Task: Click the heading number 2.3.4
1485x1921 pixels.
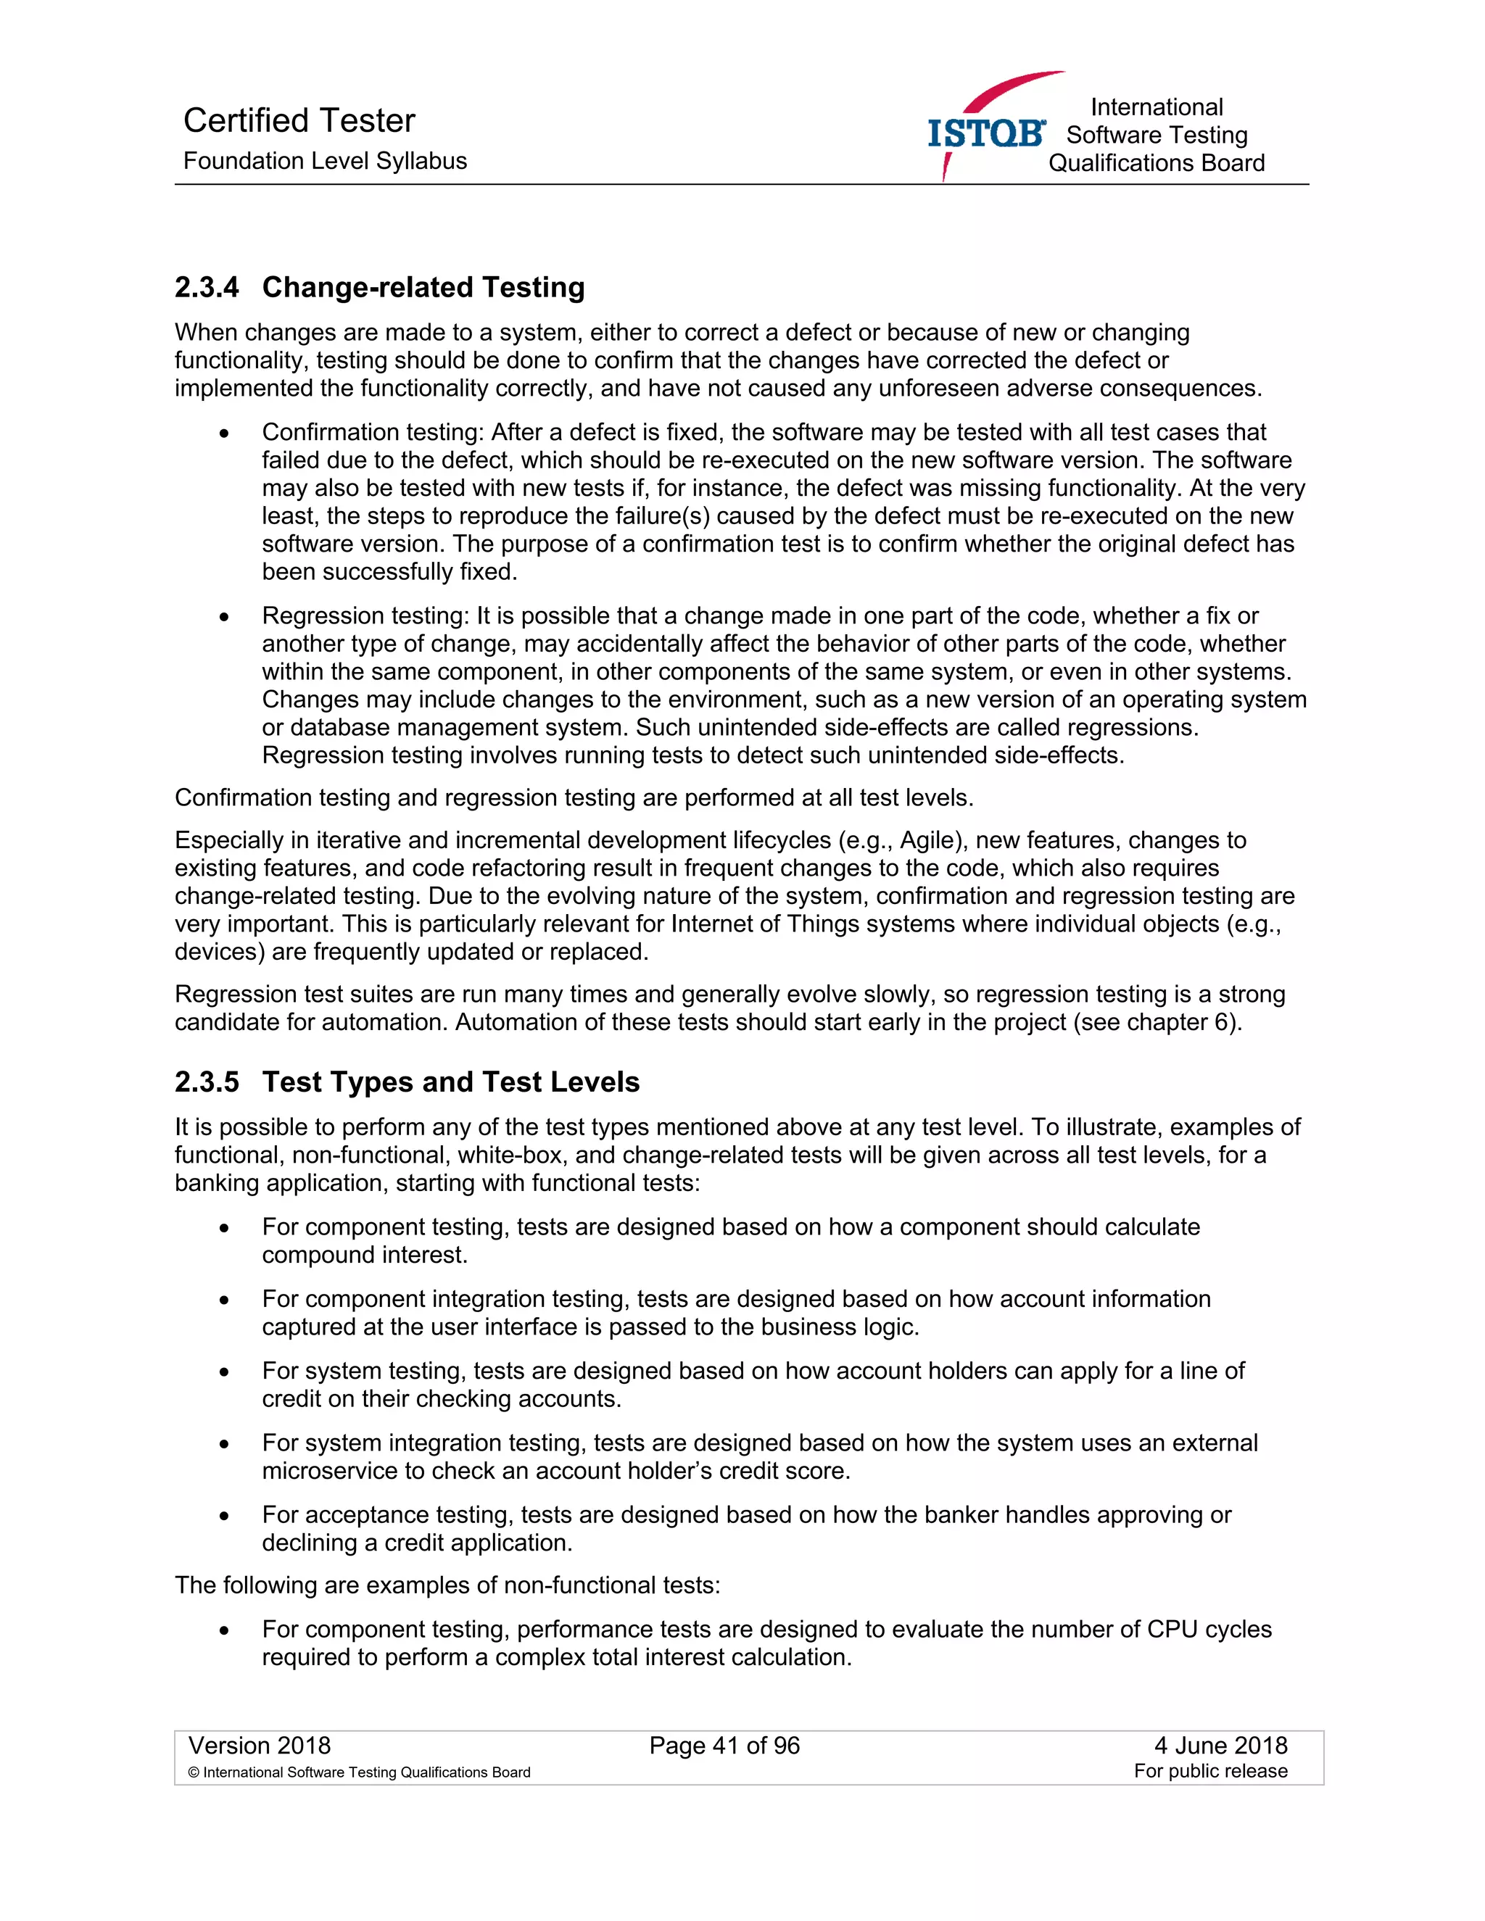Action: click(x=206, y=288)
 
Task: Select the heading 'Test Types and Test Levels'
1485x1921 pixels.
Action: click(x=450, y=1082)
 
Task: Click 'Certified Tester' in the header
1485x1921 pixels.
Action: click(x=299, y=120)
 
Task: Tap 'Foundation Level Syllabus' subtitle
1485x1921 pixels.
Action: click(x=325, y=161)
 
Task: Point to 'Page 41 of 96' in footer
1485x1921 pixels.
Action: click(x=724, y=1746)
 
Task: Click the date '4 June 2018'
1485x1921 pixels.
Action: click(x=1220, y=1746)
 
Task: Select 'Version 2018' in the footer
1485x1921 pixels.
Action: click(x=260, y=1746)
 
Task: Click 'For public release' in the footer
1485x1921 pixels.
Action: click(x=1209, y=1772)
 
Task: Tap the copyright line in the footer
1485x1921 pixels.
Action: click(x=359, y=1772)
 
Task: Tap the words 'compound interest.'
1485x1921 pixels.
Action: click(x=364, y=1255)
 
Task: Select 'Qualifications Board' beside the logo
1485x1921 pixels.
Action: click(x=1156, y=164)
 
